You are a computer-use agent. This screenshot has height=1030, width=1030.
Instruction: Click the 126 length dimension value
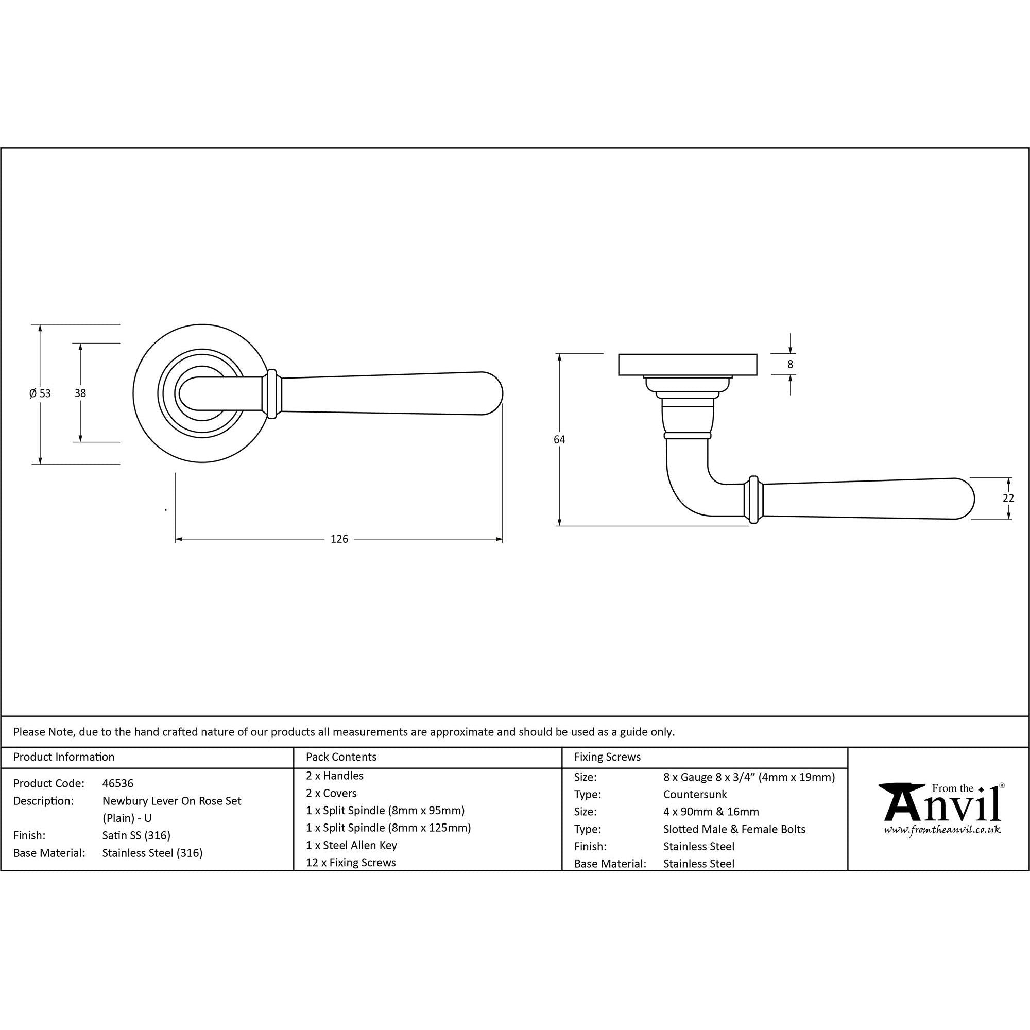[x=339, y=539]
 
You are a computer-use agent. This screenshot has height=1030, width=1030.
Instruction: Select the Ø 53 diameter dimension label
[x=40, y=393]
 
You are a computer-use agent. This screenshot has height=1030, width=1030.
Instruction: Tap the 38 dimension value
[x=80, y=393]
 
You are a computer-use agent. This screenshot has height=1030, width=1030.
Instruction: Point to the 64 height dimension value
[x=559, y=439]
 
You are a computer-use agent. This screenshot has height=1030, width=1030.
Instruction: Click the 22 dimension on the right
[x=1008, y=498]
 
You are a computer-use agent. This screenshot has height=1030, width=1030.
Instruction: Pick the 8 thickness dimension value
[x=790, y=364]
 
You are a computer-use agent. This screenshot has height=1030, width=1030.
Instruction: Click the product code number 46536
[x=118, y=783]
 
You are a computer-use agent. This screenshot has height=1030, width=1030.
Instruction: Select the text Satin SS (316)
[x=136, y=835]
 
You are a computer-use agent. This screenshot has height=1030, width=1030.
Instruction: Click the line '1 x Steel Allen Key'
[x=351, y=845]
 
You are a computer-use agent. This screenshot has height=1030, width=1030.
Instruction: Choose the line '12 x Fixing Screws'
[x=351, y=862]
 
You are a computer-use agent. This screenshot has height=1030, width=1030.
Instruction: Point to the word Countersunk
[x=695, y=794]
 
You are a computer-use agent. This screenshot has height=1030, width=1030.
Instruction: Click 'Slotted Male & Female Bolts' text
[x=734, y=829]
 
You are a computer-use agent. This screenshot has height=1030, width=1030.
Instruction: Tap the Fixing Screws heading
[x=607, y=757]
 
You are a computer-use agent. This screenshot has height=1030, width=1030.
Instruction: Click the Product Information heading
[x=63, y=757]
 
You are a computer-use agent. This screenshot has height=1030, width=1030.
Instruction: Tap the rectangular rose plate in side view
[x=687, y=364]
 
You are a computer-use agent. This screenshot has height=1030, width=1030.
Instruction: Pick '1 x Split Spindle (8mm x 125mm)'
[x=388, y=828]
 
